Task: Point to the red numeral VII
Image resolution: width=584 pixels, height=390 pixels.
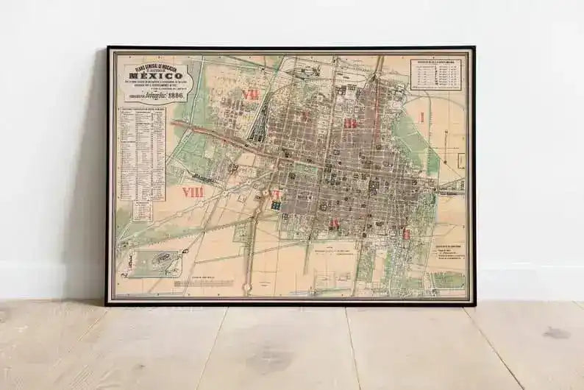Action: pos(251,94)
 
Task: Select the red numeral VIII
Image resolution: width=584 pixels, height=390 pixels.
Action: pos(193,192)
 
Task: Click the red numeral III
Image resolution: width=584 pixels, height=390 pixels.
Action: pos(350,123)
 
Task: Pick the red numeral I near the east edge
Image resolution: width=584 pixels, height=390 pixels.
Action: pos(421,116)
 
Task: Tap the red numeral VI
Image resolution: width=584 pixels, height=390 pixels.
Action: pos(276,194)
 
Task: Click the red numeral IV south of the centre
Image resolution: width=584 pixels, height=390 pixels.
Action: pos(334,224)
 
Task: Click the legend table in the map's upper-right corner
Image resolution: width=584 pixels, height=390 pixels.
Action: pos(438,74)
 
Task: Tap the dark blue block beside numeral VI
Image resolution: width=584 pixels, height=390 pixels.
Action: pos(276,205)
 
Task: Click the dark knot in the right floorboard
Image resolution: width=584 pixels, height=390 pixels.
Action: pos(556,333)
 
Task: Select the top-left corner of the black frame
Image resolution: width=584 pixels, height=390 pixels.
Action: pos(107,48)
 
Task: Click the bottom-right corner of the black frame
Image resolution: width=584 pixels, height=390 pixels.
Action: pos(474,303)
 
